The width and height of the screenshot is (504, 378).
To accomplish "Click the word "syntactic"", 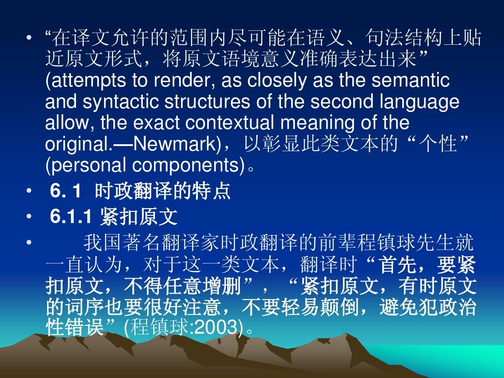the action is (120, 102).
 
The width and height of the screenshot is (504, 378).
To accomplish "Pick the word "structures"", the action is (207, 102).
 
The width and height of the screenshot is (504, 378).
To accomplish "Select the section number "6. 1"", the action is (66, 190).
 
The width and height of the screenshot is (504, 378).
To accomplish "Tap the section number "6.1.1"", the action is (71, 216).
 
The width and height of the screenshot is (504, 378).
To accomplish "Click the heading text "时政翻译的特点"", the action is (163, 190).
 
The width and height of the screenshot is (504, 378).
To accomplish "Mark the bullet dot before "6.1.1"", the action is (29, 217).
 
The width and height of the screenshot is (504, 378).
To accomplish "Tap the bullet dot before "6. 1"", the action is (29, 191).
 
